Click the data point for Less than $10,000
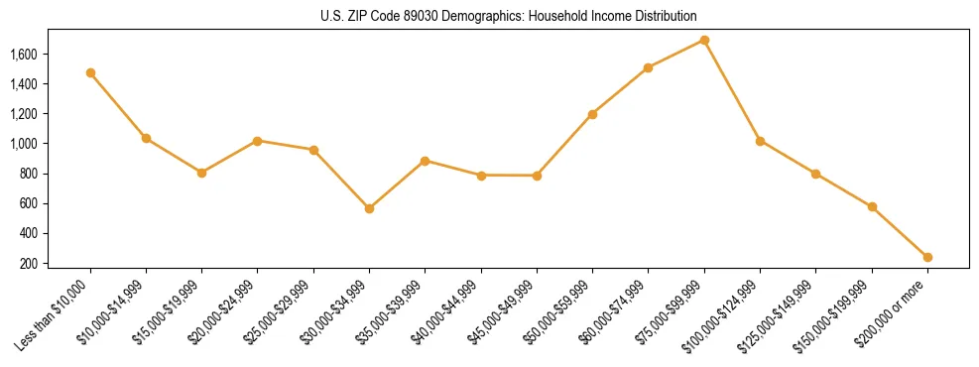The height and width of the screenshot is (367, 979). pos(90,72)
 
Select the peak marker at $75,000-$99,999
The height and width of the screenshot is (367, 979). pos(704,40)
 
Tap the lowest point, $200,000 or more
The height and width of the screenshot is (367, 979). pos(927,257)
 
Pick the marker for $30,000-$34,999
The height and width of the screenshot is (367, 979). pos(369,208)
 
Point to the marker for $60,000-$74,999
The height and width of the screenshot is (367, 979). pos(648,67)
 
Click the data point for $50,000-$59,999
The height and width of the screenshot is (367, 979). pos(592,114)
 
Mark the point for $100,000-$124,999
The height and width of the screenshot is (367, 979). pos(760,141)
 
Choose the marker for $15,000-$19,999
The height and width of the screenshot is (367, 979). pos(201,173)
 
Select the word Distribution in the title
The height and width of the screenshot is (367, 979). pos(664,17)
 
